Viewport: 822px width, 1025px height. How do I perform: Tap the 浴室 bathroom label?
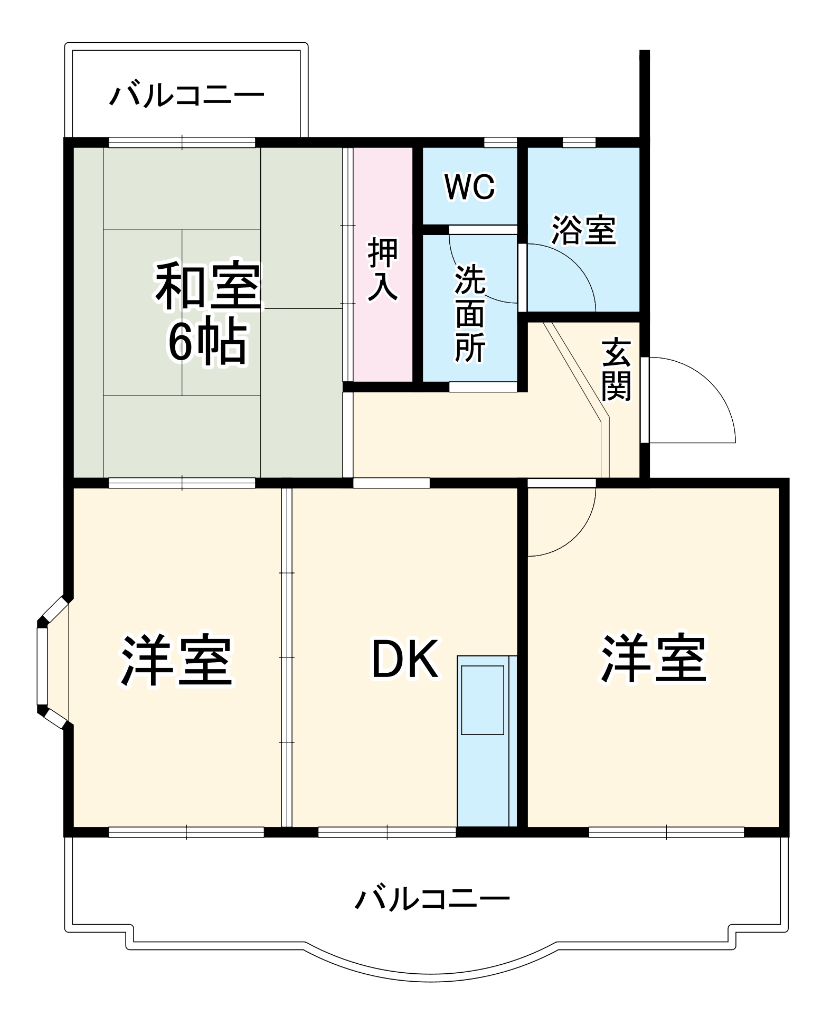coord(584,230)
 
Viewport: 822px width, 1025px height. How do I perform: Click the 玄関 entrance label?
coord(617,369)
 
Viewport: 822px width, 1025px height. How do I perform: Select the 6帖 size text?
coord(207,341)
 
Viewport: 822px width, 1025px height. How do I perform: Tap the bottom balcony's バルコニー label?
coord(432,898)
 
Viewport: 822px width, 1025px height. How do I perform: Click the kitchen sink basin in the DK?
coord(483,700)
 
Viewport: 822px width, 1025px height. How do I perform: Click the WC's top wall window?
coord(500,142)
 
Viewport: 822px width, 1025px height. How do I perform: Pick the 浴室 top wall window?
coord(579,142)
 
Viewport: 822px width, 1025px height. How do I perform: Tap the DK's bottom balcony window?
coord(387,833)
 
